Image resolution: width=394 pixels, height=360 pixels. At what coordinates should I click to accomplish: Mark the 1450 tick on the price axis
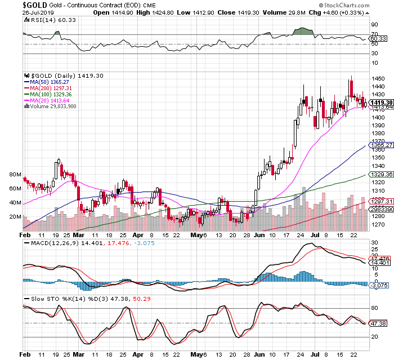tap(378, 78)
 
